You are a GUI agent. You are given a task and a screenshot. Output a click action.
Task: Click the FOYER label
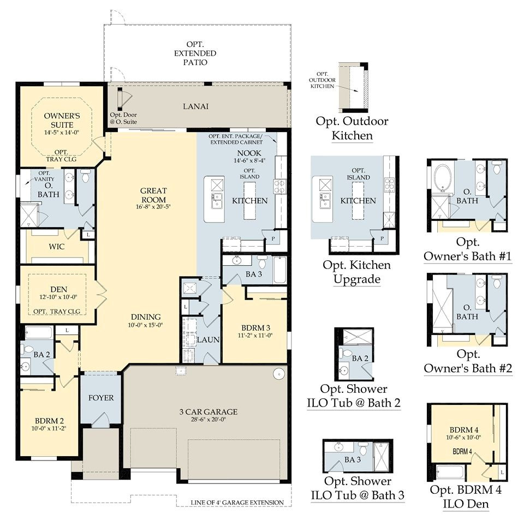pos(101,398)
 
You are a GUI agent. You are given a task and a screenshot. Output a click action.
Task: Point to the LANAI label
pos(195,106)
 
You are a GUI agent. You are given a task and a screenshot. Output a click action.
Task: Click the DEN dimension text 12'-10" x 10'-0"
pos(56,297)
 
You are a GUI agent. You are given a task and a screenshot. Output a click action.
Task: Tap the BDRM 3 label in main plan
pos(254,327)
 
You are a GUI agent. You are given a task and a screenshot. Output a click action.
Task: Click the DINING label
pos(145,316)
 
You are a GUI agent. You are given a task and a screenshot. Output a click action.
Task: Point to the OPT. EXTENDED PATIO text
pos(195,53)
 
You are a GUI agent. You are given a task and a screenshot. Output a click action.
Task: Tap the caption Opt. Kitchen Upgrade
pos(356,272)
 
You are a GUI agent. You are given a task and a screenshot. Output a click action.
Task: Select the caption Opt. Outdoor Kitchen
pos(352,128)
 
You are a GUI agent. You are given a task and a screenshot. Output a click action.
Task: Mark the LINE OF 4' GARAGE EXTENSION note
pos(237,503)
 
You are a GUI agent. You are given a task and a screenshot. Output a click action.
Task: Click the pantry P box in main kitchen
pos(272,238)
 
